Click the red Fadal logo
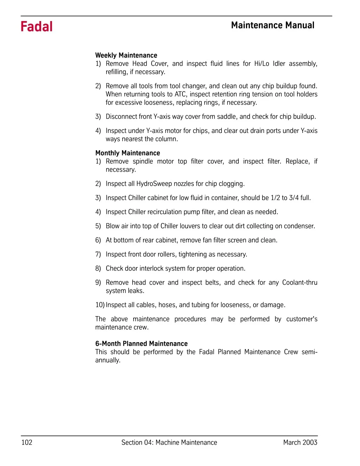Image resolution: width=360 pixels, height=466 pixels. [37, 27]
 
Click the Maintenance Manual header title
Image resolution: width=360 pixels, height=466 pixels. [273, 25]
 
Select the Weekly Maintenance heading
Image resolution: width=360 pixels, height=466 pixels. [126, 55]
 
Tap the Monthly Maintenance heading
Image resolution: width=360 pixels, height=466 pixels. [128, 153]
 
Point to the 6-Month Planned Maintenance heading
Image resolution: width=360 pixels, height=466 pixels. [141, 344]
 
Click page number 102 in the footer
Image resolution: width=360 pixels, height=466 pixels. [27, 442]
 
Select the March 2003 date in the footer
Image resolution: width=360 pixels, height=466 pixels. [300, 442]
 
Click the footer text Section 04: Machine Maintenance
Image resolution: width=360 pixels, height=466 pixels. [169, 442]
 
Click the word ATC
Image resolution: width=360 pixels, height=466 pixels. [180, 94]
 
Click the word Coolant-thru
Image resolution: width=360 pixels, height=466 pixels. [300, 282]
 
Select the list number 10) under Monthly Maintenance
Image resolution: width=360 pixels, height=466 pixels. [100, 305]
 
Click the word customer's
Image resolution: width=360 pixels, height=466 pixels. [302, 319]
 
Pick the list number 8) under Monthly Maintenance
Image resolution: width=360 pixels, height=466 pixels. [98, 268]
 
